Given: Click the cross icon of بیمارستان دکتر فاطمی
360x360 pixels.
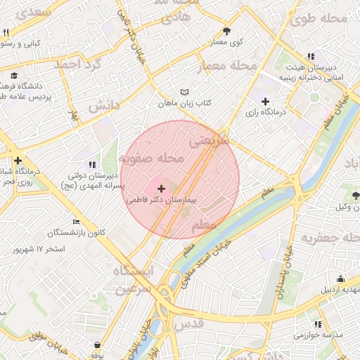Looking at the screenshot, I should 162,188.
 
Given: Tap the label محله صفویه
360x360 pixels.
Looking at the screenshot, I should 152,159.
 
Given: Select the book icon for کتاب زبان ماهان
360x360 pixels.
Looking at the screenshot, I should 184,93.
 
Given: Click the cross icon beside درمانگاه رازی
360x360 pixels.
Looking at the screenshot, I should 265,102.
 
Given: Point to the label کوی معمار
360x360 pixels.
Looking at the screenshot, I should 226,42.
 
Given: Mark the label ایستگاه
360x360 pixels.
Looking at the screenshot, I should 136,271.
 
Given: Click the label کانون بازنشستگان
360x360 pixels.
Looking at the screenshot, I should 77,233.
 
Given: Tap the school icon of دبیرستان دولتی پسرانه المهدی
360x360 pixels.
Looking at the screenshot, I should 94,165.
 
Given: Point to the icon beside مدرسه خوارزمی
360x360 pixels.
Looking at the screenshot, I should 318,324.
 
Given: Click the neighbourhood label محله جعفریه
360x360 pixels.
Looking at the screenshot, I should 330,238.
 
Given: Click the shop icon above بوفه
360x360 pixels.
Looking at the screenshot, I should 96,345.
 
